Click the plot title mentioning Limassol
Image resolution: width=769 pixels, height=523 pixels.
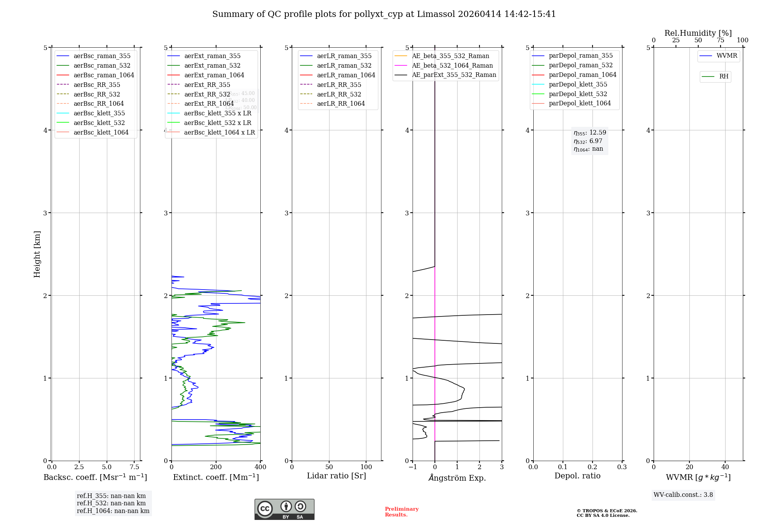384,14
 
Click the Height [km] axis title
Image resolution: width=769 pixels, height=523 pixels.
37,254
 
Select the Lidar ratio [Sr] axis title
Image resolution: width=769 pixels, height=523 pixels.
336,476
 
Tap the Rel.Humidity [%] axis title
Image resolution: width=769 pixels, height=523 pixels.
698,33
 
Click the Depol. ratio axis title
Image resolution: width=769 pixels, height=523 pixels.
577,476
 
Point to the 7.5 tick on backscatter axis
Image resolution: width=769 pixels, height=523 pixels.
134,467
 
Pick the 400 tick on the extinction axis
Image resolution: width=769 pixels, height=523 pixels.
260,467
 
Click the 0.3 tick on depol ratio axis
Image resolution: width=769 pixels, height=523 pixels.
622,467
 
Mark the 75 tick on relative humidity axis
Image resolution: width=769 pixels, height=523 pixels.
720,40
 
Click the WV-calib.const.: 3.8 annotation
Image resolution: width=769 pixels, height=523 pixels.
683,495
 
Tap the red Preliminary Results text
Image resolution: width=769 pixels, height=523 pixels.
401,512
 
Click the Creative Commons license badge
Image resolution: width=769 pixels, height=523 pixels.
284,509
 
